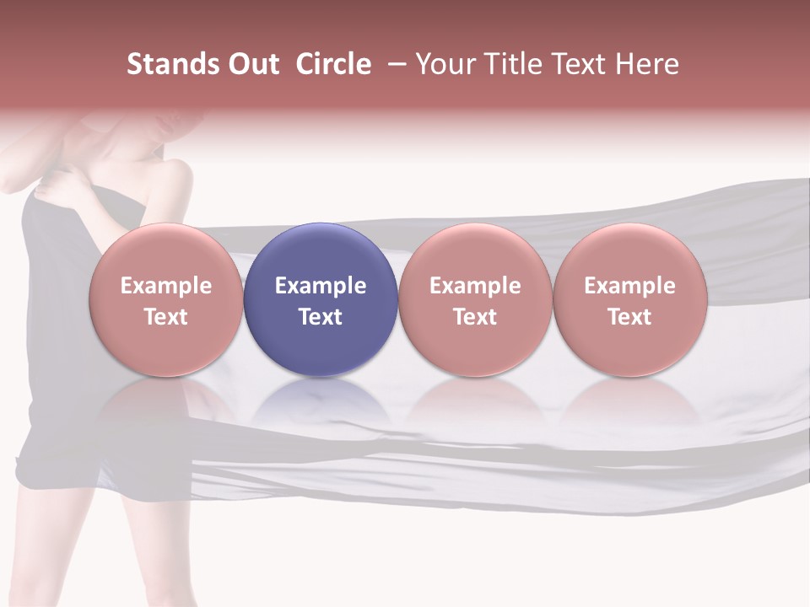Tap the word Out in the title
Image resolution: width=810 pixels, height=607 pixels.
click(251, 64)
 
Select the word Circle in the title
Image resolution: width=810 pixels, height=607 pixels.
click(333, 64)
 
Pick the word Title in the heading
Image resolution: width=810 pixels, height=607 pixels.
click(516, 64)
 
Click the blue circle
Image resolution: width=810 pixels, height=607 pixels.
click(321, 299)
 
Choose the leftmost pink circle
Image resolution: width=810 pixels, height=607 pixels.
click(165, 299)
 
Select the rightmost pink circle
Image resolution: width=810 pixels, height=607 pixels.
click(629, 299)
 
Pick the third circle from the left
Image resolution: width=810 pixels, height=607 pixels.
click(475, 299)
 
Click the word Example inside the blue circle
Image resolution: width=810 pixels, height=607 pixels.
click(321, 286)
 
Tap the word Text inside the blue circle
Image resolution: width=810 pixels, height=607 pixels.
click(321, 317)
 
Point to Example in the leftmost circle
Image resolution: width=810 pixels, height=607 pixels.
click(165, 286)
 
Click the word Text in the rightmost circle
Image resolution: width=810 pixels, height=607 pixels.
click(629, 317)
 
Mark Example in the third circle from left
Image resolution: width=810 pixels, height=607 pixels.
click(475, 286)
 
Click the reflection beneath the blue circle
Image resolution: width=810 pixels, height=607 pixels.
click(321, 405)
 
